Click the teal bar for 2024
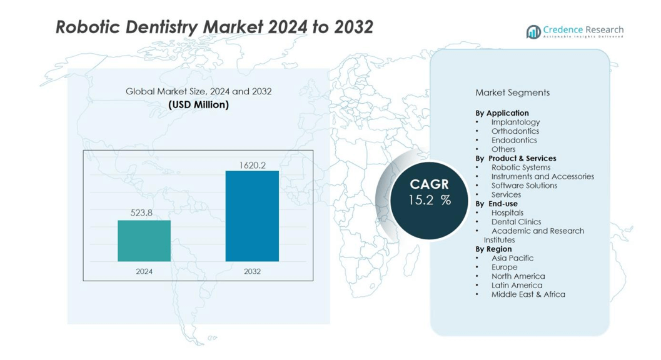coord(144,241)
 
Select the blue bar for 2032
coord(252,216)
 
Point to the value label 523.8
coord(142,212)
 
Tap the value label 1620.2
coord(253,165)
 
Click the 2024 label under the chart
coord(144,271)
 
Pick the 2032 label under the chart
coord(252,271)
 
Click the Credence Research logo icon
coord(533,32)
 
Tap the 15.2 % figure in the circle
coord(430,200)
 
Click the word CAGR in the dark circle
coord(430,184)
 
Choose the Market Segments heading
coord(512,92)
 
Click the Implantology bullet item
coord(515,122)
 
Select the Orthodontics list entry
coord(515,131)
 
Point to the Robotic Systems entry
coord(521,167)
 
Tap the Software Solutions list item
coord(524,186)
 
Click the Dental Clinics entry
coord(516,222)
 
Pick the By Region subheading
coord(493,249)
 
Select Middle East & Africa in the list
coord(528,294)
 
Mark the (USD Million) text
coord(198,104)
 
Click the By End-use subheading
coord(497,204)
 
